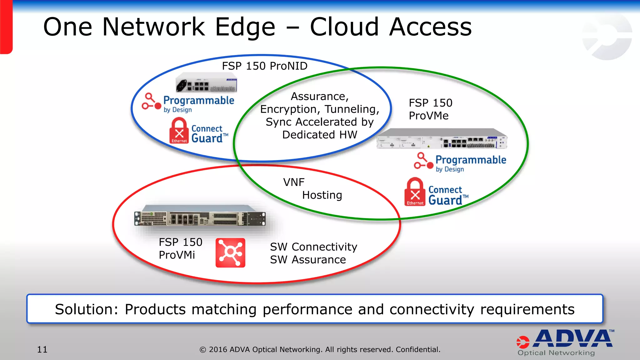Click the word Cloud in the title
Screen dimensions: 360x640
click(344, 27)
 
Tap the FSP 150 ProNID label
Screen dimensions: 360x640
click(264, 66)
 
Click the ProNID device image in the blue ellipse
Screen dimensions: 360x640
click(206, 82)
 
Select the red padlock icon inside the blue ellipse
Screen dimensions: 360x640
click(179, 131)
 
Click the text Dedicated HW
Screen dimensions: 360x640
click(319, 135)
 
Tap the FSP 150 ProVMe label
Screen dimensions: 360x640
click(430, 109)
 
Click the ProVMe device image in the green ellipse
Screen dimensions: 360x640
click(442, 138)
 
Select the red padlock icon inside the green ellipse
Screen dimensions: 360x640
click(415, 192)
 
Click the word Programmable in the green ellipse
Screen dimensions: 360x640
click(471, 160)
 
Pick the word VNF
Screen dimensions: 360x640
click(293, 182)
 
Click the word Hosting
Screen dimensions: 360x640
click(322, 195)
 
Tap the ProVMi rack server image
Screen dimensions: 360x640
click(200, 216)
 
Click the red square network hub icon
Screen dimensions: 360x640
click(230, 252)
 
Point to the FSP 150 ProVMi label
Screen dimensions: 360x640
click(180, 248)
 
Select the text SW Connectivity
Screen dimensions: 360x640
click(313, 247)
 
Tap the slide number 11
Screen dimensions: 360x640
click(42, 349)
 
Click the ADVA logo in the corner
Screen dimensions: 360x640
click(566, 342)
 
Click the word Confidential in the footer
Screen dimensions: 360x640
click(418, 349)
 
